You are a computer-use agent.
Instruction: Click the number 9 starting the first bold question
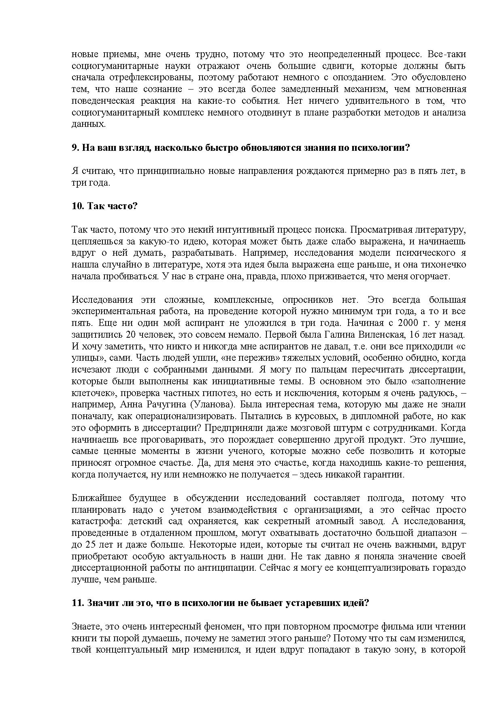[74, 148]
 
